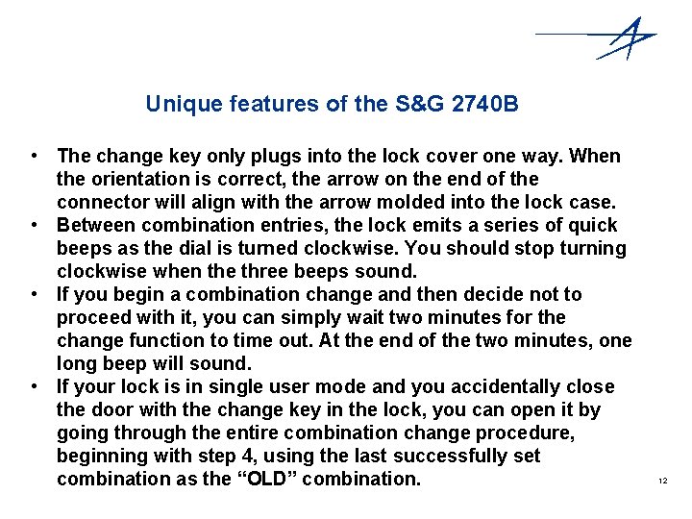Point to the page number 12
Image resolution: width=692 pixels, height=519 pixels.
(662, 480)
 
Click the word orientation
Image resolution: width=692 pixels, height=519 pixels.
(136, 179)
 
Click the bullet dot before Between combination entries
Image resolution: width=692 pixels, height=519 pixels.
(34, 225)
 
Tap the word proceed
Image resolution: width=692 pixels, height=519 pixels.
(92, 317)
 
